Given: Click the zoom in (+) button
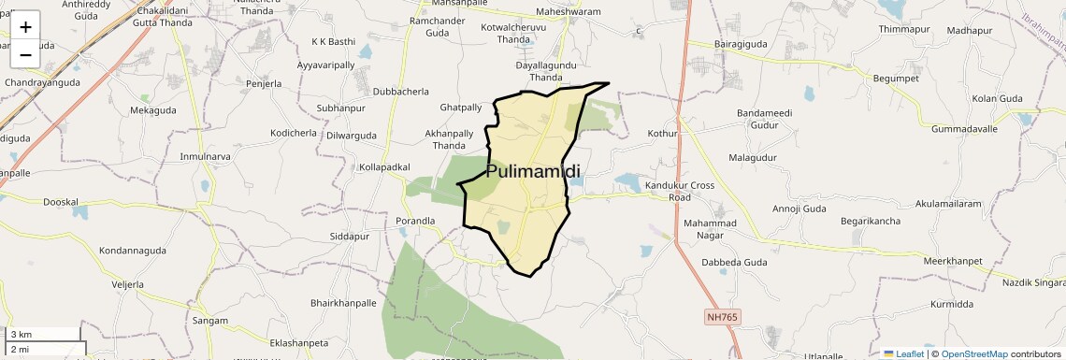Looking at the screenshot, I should point(25,26).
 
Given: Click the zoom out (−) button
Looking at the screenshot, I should point(25,54).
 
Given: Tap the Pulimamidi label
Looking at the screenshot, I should point(533,171).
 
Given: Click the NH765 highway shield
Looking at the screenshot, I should point(721,318).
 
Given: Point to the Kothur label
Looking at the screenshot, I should point(661,134).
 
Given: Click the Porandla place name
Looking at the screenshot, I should point(416,221).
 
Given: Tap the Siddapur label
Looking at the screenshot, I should point(351,237).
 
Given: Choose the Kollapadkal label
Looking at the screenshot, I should point(384,166).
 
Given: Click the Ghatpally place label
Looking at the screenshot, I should point(460,108).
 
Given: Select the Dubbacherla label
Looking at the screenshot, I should point(400,92).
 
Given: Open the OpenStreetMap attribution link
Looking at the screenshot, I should point(974,353).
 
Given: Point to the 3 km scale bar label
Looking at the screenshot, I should point(22,334).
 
